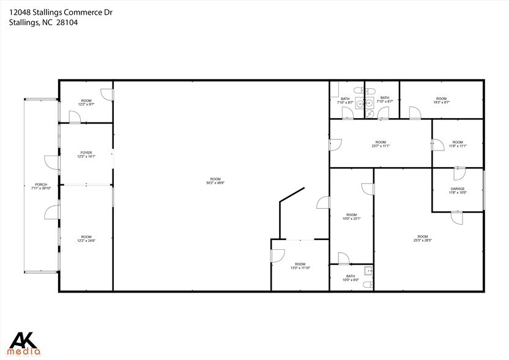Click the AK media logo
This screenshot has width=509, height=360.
coord(24,343)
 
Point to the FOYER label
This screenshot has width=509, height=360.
coord(86,154)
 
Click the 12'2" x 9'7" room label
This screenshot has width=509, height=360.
coord(86,102)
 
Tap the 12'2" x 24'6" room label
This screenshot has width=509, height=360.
coord(86,239)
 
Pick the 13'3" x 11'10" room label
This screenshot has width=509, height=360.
coord(300,266)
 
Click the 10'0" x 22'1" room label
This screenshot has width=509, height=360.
coord(351,217)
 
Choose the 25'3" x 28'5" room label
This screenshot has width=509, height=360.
coord(422,239)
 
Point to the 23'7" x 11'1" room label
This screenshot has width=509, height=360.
coord(381,144)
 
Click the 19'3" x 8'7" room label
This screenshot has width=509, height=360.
coord(442,100)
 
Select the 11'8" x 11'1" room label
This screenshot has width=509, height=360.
coord(458,144)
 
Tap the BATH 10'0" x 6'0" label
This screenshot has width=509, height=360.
coord(351,279)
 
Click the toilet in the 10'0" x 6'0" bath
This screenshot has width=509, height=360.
coord(367,284)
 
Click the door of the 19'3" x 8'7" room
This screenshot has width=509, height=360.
coord(414,112)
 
